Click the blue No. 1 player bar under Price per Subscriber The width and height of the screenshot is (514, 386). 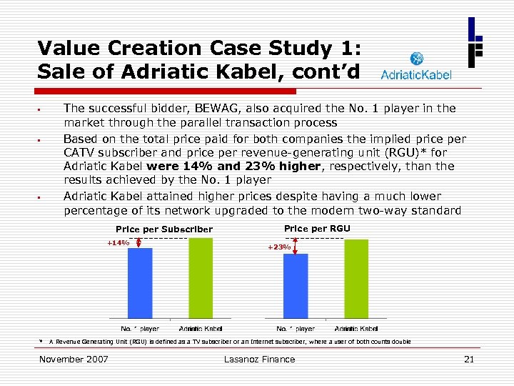point(140,282)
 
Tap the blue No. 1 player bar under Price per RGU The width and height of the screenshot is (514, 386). point(296,285)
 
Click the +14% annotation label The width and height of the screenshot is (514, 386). point(118,243)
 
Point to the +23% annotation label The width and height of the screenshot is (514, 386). point(278,247)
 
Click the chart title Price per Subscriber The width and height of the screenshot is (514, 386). point(163,229)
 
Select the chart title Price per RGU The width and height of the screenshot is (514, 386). point(317,228)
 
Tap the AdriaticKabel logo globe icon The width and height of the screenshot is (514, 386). point(416,59)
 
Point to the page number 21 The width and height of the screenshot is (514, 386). point(468,359)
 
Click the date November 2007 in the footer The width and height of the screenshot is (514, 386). point(74,359)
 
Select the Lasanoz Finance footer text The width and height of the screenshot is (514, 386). point(259,359)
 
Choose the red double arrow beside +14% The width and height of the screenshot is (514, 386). point(138,243)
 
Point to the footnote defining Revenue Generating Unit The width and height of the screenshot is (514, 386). point(228,342)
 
